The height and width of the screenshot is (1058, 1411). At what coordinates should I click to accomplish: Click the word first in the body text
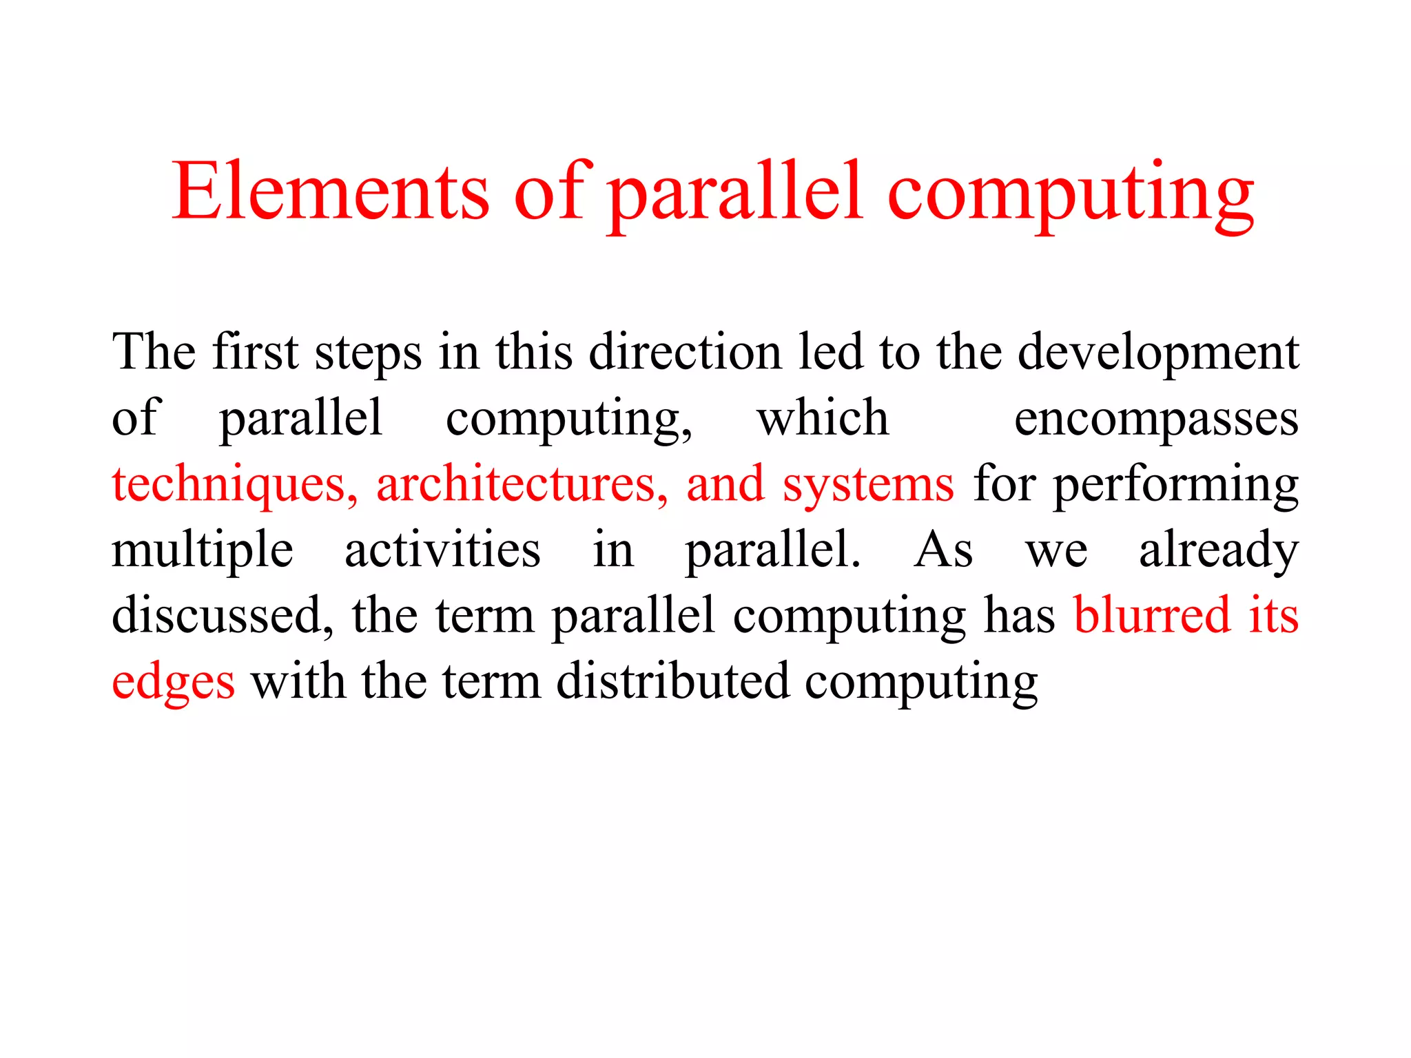[x=255, y=352]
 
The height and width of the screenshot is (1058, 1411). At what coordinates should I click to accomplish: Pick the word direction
[x=686, y=352]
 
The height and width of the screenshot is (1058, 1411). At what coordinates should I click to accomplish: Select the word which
[x=823, y=418]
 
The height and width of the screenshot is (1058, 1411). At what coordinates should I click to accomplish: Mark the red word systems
[x=868, y=486]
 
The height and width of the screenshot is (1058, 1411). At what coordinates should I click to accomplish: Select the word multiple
[x=203, y=551]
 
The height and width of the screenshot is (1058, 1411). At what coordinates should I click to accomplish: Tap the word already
[x=1218, y=551]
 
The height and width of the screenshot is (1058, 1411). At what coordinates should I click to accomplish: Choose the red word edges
[x=173, y=682]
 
